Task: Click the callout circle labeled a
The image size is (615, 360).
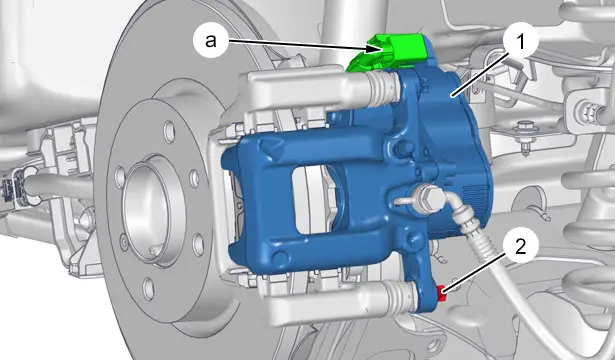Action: tap(211, 40)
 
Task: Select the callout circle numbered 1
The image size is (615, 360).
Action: tap(520, 42)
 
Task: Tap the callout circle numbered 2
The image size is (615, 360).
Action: tap(520, 247)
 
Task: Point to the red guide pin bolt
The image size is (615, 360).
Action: tap(442, 293)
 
